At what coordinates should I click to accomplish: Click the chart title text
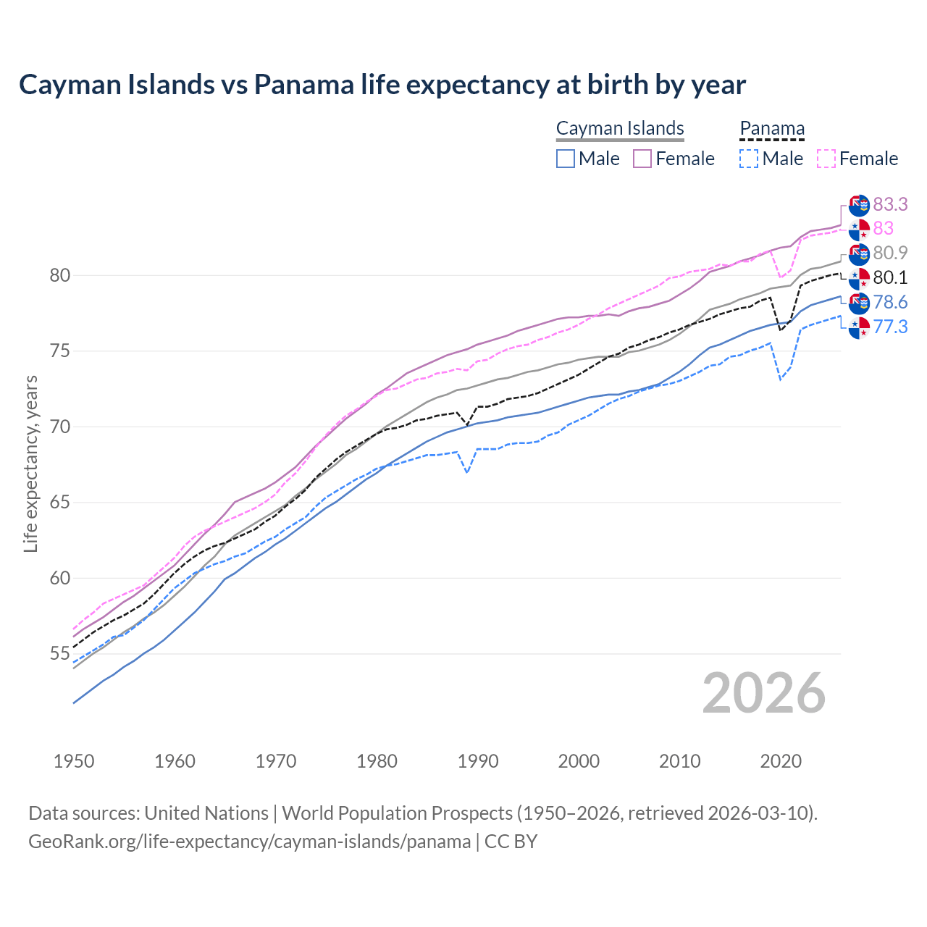coord(382,85)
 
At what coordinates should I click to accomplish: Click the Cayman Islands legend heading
coord(620,128)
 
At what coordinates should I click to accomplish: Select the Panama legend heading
coord(771,128)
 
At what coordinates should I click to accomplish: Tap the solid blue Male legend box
coord(566,159)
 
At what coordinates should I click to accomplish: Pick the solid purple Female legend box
coord(642,159)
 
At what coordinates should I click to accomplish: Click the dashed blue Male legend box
coord(749,159)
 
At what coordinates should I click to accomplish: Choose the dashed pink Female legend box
coord(826,159)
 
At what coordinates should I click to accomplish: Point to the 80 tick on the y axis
coord(59,275)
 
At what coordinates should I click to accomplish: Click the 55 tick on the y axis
coord(59,654)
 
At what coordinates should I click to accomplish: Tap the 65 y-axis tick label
coord(59,503)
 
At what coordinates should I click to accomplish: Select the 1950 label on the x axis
coord(74,761)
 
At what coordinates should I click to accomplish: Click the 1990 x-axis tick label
coord(478,761)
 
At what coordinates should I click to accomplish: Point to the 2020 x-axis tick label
coord(781,761)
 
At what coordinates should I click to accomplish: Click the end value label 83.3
coord(890,205)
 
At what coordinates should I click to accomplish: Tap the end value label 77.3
coord(890,327)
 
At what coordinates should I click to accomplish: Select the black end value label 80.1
coord(890,277)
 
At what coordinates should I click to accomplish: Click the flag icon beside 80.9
coord(859,253)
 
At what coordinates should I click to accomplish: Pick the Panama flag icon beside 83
coord(859,230)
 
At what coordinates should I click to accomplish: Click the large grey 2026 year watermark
coord(764,693)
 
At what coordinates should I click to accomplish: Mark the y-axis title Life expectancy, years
coord(30,463)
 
